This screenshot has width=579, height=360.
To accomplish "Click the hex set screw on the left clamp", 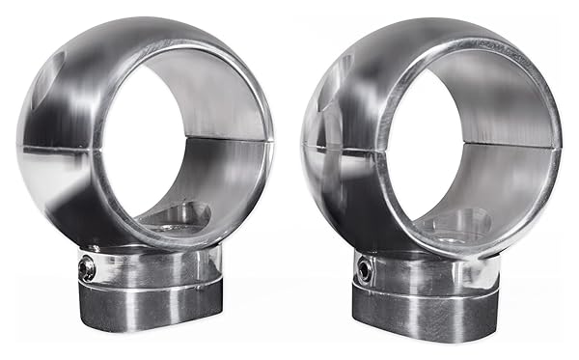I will [x=87, y=269].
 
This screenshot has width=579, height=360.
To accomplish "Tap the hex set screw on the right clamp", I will [x=365, y=270].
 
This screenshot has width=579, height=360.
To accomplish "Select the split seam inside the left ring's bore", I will [x=217, y=140].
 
